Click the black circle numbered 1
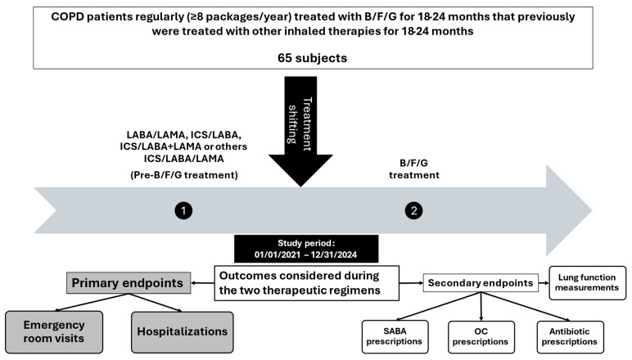(183, 210)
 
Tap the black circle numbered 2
(413, 210)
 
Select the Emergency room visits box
(54, 332)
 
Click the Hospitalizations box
(183, 332)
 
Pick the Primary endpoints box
(129, 283)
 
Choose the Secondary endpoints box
(481, 283)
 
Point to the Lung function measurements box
(587, 283)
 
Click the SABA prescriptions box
(395, 336)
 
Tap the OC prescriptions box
(481, 336)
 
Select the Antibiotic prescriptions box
(570, 336)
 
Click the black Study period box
(306, 249)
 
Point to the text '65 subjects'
(313, 58)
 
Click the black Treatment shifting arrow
(300, 128)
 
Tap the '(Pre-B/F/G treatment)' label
(184, 175)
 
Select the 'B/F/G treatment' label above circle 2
(414, 169)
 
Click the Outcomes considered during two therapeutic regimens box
(307, 283)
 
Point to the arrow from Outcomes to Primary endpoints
(202, 283)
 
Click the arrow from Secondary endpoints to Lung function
(544, 283)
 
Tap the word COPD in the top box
(65, 17)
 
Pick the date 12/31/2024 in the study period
(334, 255)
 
